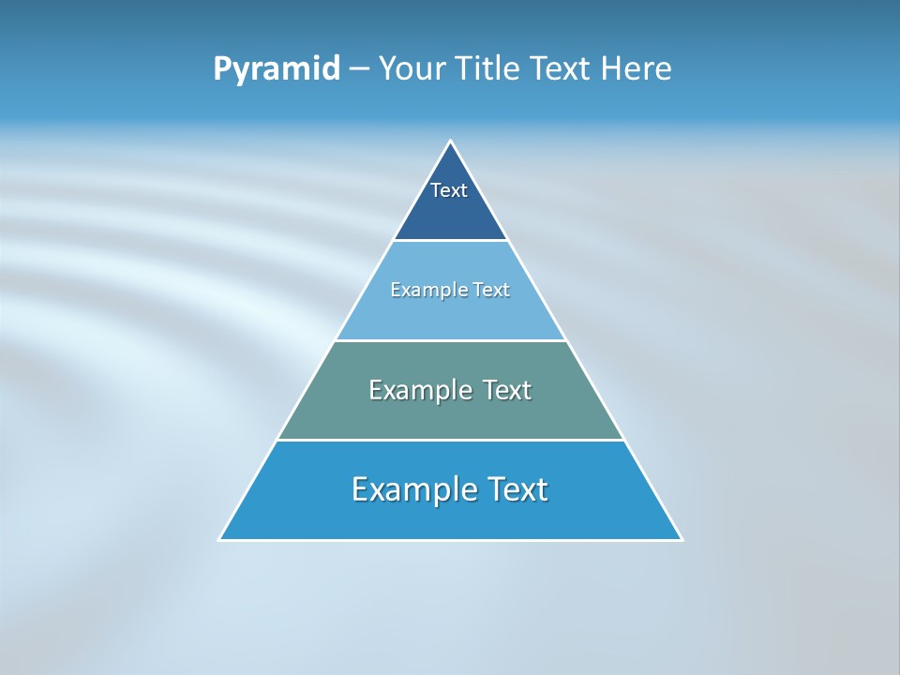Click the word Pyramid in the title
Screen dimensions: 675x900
(x=276, y=69)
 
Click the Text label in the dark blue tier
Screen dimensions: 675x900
(x=449, y=190)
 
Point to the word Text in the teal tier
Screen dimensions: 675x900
(x=507, y=390)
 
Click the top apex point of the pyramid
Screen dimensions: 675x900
(x=450, y=142)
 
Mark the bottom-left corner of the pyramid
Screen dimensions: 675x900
(x=220, y=539)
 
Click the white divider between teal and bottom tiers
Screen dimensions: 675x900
(x=450, y=440)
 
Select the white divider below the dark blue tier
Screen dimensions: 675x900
(x=450, y=240)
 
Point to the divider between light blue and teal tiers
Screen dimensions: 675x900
(x=450, y=340)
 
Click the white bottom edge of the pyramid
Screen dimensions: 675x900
(x=450, y=540)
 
